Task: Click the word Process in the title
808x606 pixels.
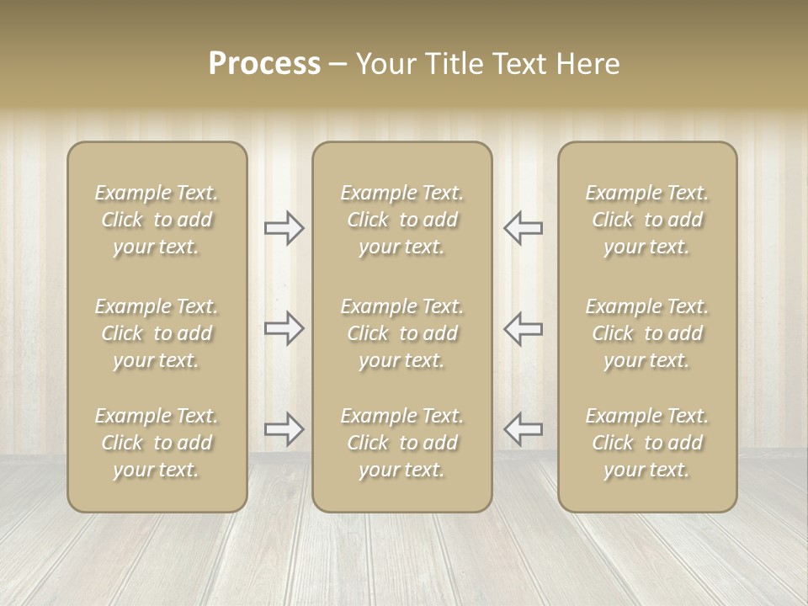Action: [x=264, y=64]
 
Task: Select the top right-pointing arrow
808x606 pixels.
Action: [x=284, y=228]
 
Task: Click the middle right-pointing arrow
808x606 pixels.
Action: [x=284, y=328]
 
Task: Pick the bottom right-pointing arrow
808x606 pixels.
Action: [x=284, y=429]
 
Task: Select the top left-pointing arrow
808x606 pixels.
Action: [x=523, y=228]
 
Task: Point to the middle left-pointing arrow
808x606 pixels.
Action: [x=523, y=328]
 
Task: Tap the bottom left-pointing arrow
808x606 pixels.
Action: [x=523, y=429]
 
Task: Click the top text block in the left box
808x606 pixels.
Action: [x=157, y=220]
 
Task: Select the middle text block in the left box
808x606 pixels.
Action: [x=157, y=333]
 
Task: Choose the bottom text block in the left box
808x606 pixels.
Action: [x=157, y=443]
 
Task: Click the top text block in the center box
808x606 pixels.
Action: [x=402, y=220]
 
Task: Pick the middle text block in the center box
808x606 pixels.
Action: [x=402, y=333]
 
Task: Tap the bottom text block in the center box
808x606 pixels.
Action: [x=402, y=443]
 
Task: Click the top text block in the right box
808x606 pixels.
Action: [x=647, y=220]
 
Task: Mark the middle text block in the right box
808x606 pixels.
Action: [x=647, y=333]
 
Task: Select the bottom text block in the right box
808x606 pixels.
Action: [x=647, y=443]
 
